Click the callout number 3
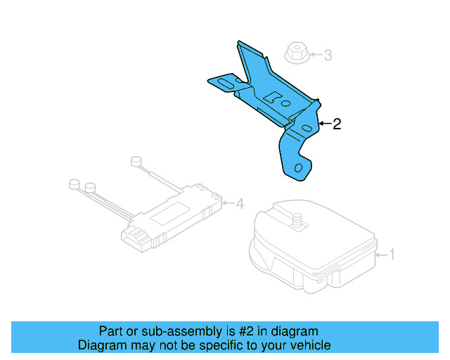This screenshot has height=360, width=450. click(x=327, y=55)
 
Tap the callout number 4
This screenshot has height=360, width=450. click(x=240, y=204)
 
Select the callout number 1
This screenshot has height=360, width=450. click(x=392, y=254)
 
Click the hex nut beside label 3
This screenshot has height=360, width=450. click(x=296, y=53)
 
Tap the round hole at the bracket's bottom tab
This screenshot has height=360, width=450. click(x=300, y=168)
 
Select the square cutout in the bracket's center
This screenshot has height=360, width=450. click(x=276, y=98)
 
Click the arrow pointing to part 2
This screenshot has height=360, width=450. click(x=324, y=124)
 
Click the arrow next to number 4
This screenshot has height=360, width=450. click(x=228, y=204)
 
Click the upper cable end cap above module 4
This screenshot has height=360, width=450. click(x=136, y=161)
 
